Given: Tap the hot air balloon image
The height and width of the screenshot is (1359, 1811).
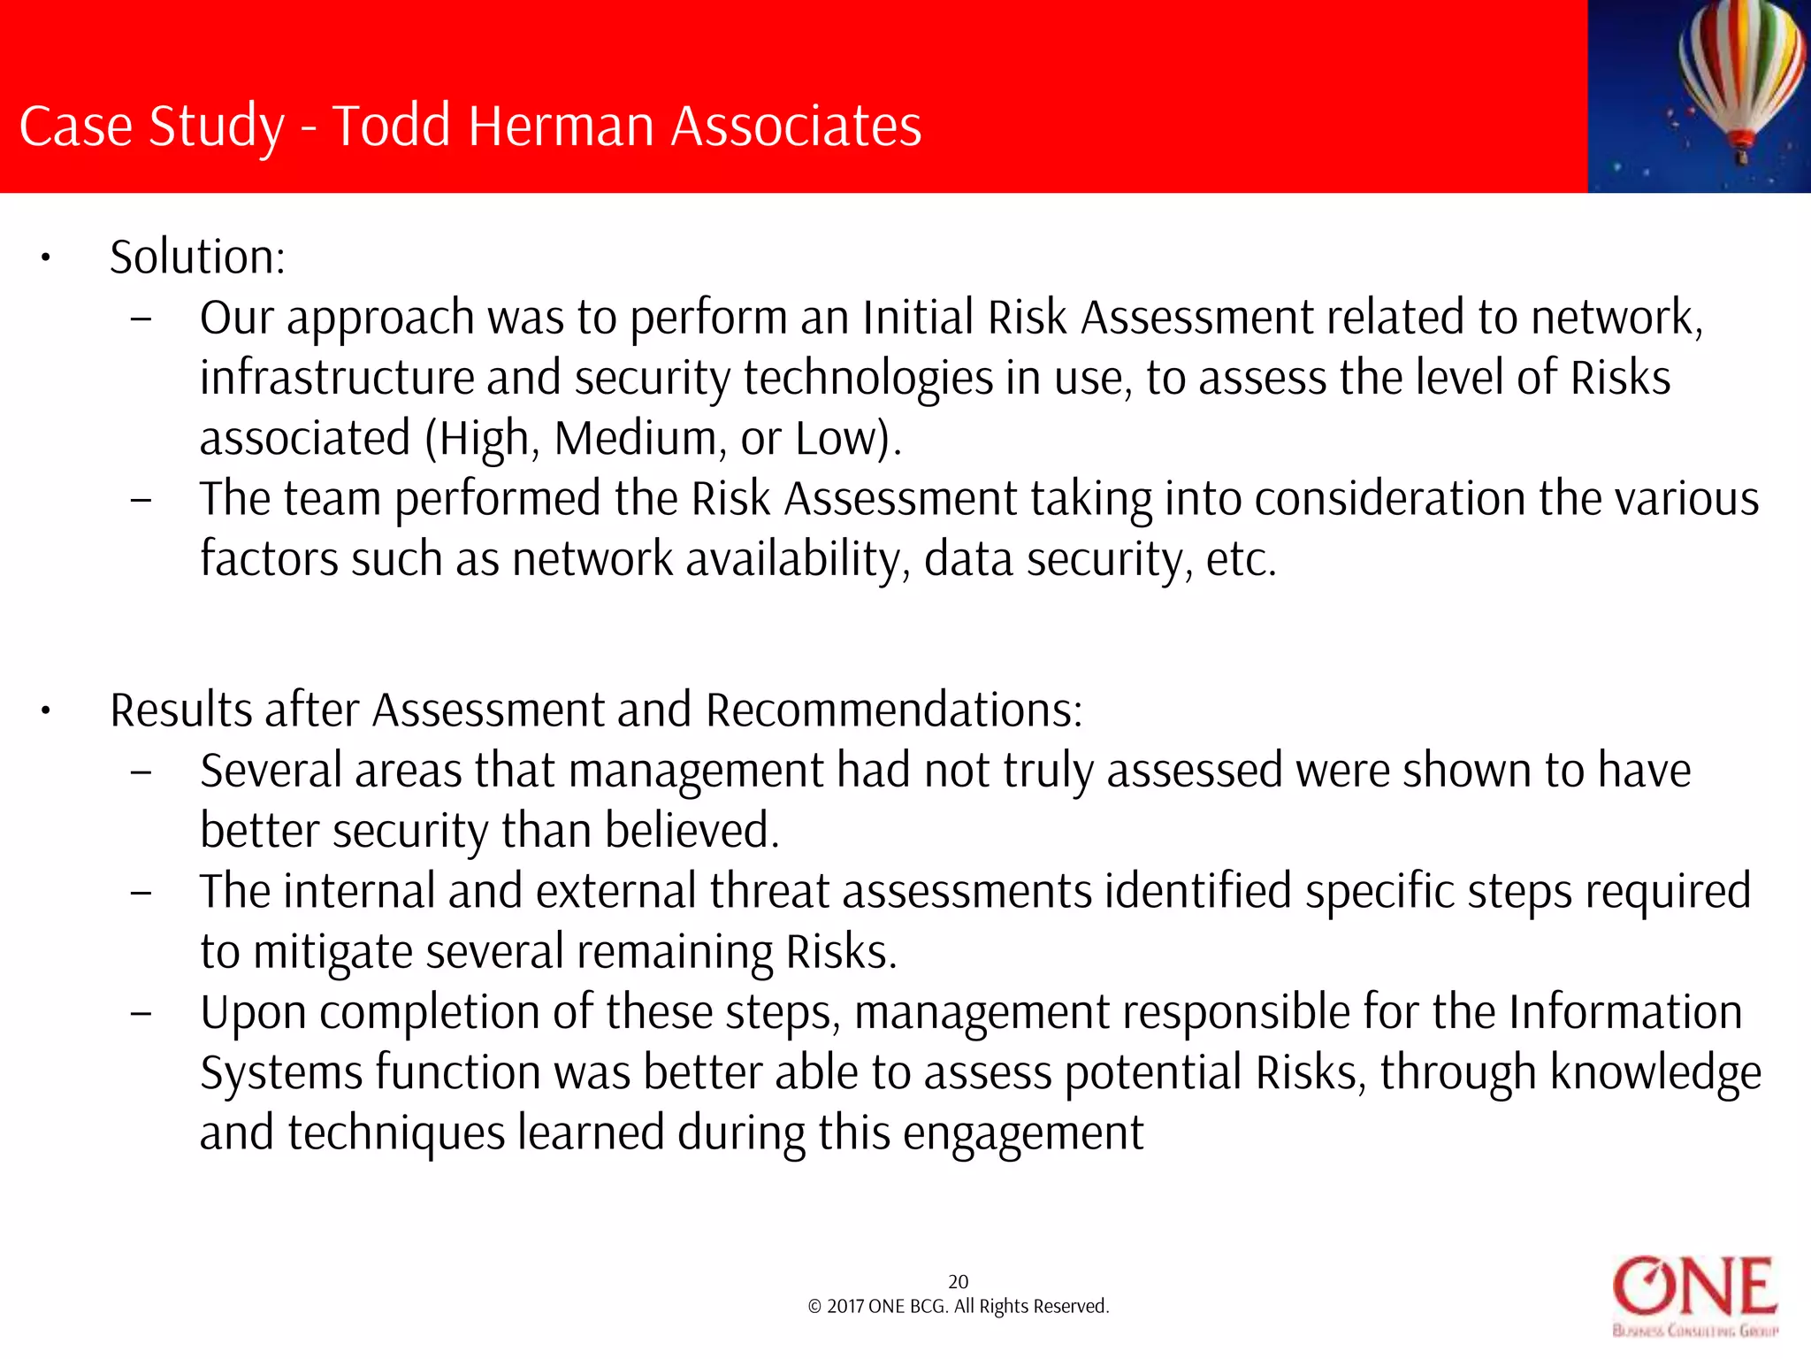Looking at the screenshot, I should (1699, 96).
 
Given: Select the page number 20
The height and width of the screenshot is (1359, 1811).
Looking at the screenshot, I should (958, 1281).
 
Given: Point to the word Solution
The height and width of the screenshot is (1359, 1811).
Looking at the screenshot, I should (196, 257).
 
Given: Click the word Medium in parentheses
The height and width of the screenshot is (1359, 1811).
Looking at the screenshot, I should (635, 438).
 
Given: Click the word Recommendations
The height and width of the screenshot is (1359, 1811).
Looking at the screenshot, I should (893, 710).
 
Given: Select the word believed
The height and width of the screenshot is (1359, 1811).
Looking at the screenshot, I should (692, 831).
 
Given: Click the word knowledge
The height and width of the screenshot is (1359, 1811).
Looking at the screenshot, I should (1655, 1072).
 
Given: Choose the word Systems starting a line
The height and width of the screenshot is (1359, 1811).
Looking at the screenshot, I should (280, 1072).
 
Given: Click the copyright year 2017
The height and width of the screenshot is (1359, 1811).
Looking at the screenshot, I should (844, 1307).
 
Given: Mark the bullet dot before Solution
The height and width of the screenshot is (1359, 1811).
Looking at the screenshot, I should (45, 258).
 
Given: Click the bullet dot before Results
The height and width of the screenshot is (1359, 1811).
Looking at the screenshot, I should (45, 711).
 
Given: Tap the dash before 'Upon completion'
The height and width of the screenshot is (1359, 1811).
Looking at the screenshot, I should (141, 1013).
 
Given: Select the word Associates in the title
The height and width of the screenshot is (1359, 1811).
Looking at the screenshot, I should (796, 126).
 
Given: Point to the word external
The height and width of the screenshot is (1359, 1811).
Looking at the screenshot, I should (615, 891).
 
